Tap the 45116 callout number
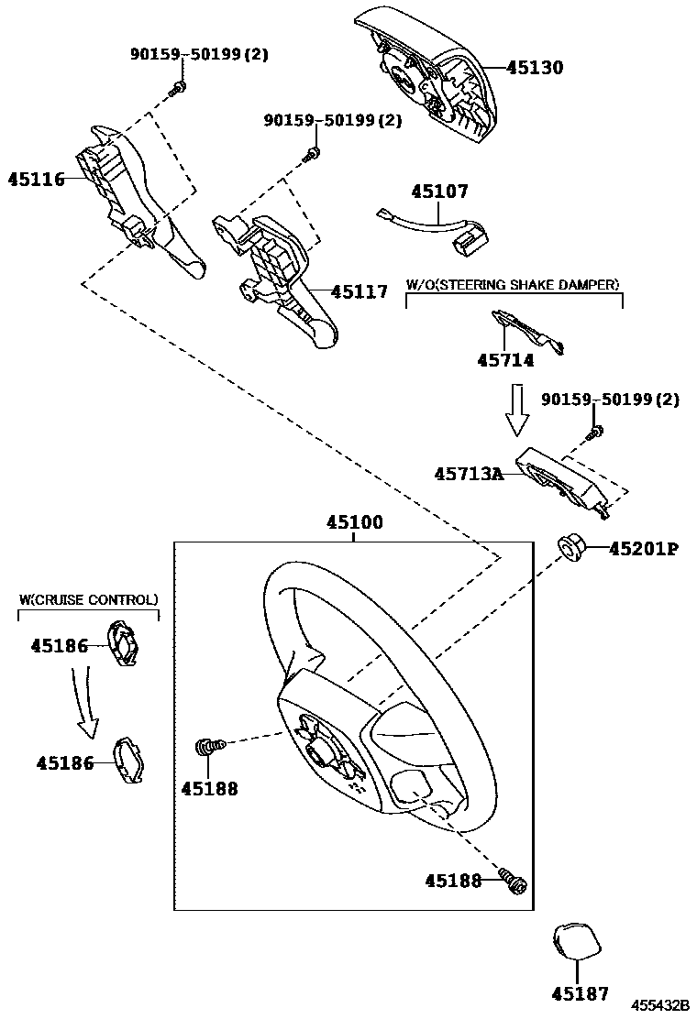[36, 179]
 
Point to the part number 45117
[360, 292]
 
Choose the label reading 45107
[439, 192]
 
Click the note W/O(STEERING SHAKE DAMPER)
[513, 285]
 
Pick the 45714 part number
[504, 361]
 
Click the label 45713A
[469, 474]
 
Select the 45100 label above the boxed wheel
[354, 523]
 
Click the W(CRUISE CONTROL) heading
[88, 599]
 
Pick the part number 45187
[580, 993]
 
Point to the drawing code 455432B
[658, 1005]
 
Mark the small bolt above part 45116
[180, 87]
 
